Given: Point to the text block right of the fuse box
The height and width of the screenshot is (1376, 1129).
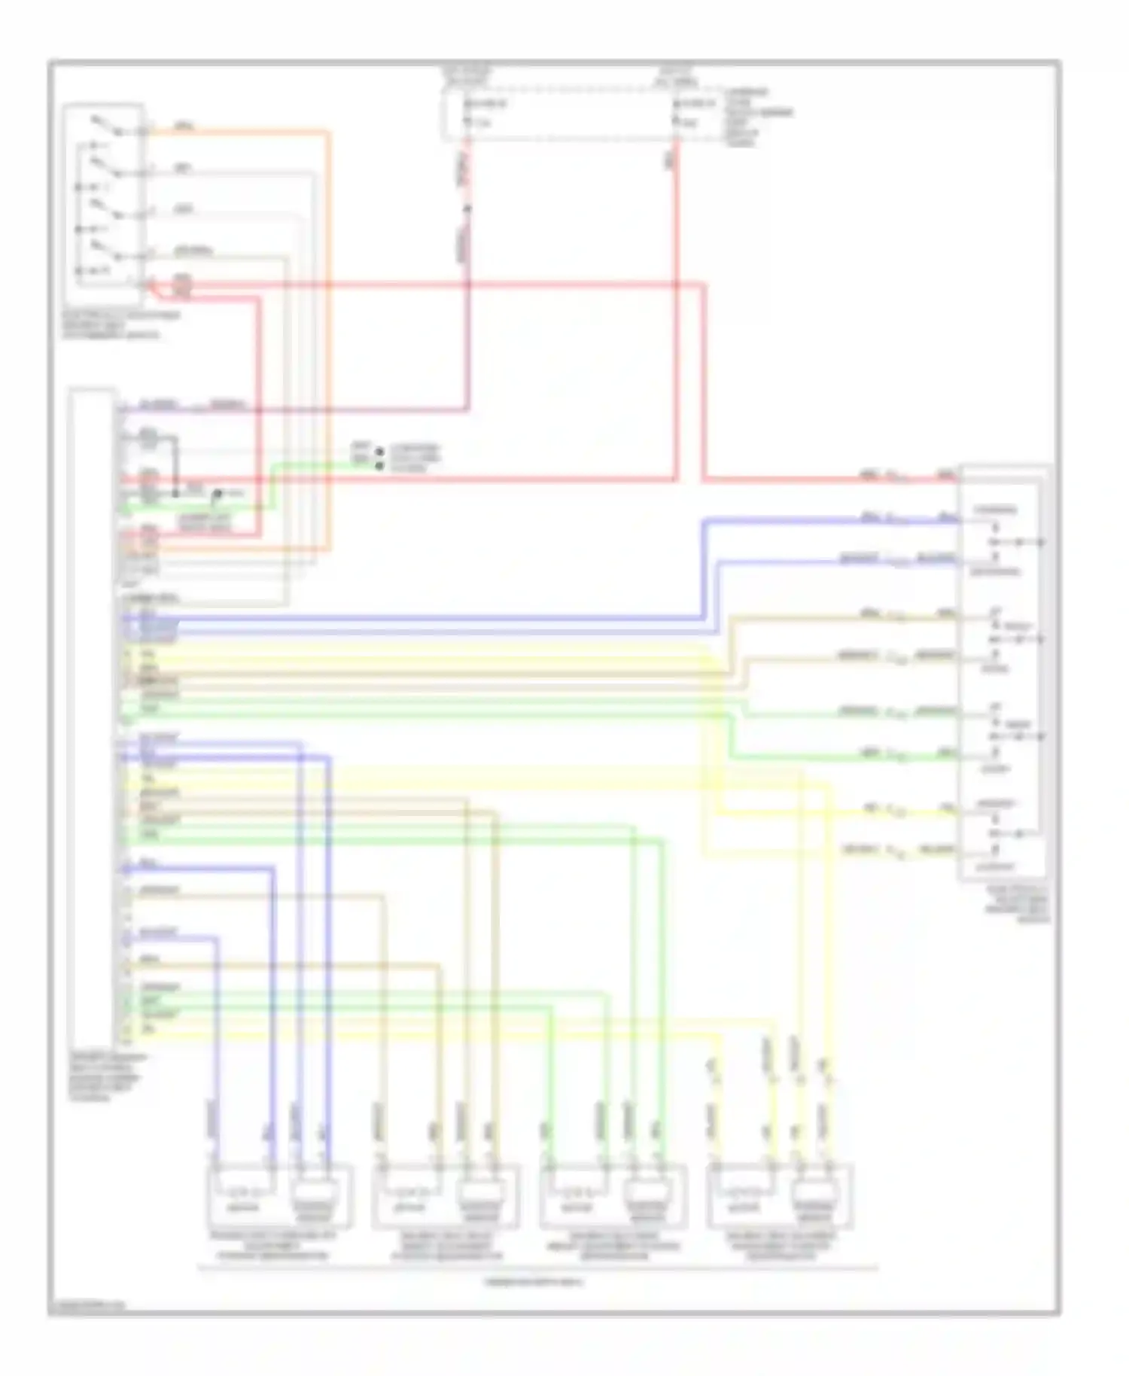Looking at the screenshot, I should pos(756,117).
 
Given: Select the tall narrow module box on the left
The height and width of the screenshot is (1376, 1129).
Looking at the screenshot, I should pos(92,715).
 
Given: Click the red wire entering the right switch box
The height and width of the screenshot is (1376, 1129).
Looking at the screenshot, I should pos(828,479).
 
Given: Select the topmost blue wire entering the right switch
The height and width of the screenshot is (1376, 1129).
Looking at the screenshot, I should pos(828,520).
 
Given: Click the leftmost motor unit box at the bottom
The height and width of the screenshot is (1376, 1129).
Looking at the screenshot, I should pos(279,1197).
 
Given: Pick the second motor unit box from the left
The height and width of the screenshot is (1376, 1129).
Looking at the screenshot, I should pos(446,1197).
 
